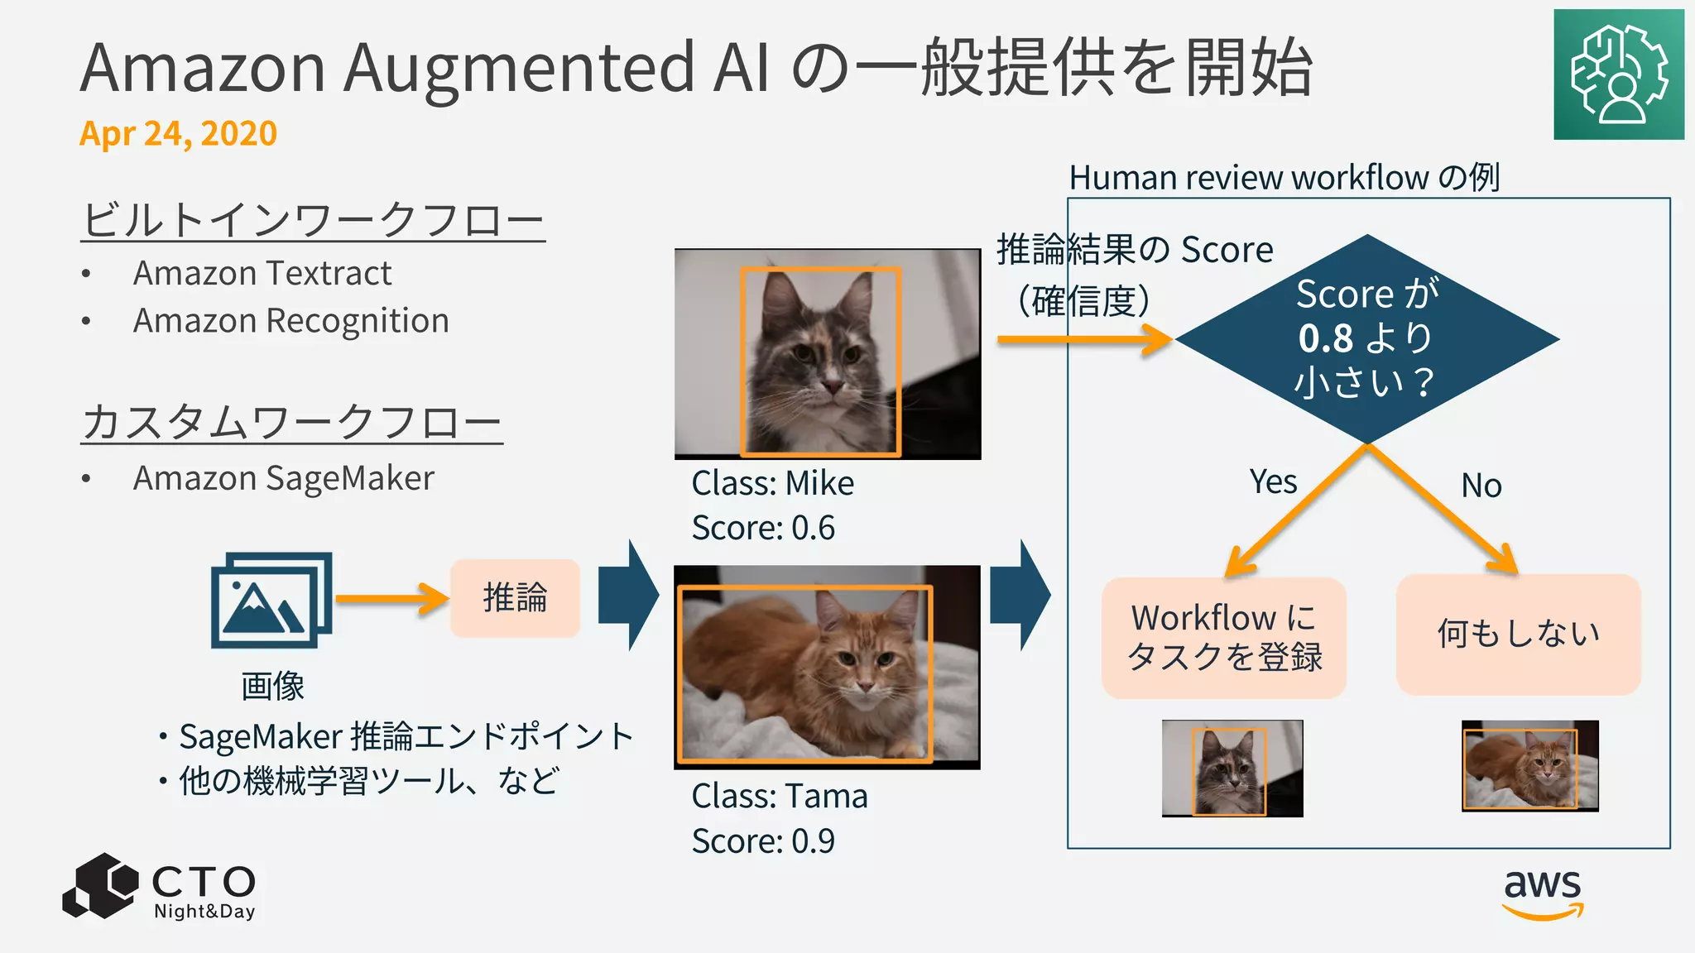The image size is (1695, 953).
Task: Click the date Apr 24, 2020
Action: click(178, 133)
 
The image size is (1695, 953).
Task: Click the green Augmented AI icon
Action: click(1618, 74)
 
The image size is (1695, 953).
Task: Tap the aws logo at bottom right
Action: click(1542, 893)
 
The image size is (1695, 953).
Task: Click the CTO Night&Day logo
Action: click(160, 887)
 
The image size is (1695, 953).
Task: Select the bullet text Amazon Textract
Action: click(262, 273)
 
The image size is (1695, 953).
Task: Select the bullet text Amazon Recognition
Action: click(291, 321)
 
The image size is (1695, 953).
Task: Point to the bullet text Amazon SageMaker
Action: click(283, 478)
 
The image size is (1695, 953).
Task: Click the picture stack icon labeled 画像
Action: click(271, 600)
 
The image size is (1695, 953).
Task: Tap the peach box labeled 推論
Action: click(515, 598)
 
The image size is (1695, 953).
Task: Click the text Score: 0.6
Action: click(763, 528)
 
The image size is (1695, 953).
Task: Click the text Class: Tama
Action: click(779, 796)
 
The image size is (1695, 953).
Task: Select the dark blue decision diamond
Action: click(1366, 339)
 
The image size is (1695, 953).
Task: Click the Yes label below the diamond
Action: click(1273, 481)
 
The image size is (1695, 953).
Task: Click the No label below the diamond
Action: click(1481, 486)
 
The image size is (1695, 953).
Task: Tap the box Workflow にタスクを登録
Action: click(1223, 638)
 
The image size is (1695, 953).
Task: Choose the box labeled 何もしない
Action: click(1518, 635)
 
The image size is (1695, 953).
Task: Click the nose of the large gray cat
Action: click(831, 386)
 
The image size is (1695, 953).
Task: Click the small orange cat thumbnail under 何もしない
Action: click(1529, 766)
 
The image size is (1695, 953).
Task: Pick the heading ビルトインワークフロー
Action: click(313, 219)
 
